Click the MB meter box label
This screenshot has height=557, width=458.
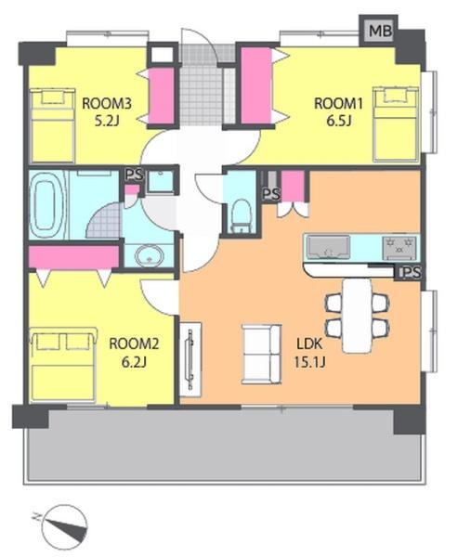380,31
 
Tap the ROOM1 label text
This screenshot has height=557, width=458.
338,104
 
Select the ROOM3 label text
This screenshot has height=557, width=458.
107,104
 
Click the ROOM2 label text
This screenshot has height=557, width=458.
134,343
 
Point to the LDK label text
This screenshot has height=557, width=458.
309,343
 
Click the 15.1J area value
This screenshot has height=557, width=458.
309,362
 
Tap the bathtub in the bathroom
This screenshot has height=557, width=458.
47,204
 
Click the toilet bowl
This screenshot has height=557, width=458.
242,215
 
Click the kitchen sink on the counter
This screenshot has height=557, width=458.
328,247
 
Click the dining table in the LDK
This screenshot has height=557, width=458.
358,315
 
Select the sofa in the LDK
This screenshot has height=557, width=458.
261,355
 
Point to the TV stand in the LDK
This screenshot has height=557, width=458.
190,359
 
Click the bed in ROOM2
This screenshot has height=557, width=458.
64,365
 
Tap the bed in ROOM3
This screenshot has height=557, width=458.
53,125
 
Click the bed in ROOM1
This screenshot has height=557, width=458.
396,123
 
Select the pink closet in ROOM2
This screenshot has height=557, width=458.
73,257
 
